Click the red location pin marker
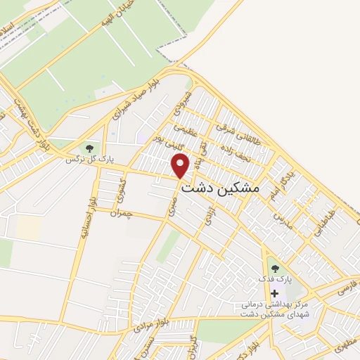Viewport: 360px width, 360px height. coord(181,166)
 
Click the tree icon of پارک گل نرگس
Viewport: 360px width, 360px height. coord(89,148)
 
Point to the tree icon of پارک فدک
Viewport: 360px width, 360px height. coord(274,267)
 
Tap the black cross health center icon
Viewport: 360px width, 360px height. coord(274,292)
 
